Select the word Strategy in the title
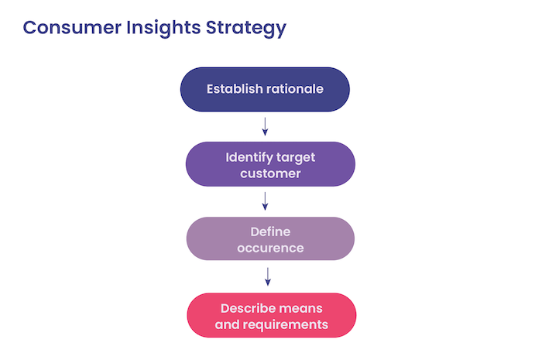[244, 28]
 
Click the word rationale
[295, 89]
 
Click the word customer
[270, 173]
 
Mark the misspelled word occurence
[270, 249]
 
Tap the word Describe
[250, 308]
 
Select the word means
[301, 308]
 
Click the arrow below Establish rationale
[265, 126]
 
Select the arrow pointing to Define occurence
[266, 201]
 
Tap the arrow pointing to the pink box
[268, 276]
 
